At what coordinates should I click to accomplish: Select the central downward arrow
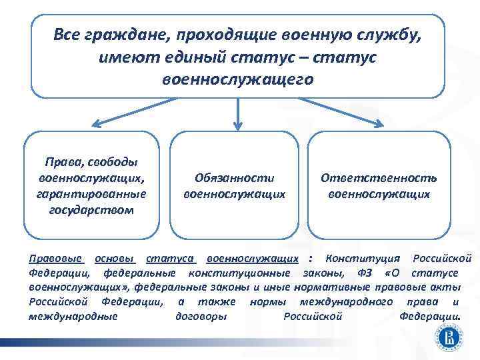(x=238, y=113)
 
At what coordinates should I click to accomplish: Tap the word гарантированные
(x=91, y=194)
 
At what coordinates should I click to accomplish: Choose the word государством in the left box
(x=91, y=210)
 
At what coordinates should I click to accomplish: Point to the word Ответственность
(x=379, y=178)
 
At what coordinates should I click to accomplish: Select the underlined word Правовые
(x=56, y=258)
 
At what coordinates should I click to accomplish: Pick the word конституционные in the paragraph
(x=239, y=273)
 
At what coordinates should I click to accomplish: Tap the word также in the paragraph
(x=213, y=301)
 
